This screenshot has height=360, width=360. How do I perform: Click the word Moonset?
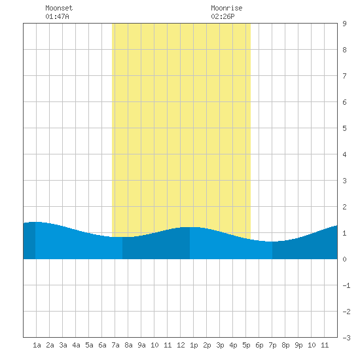pyautogui.click(x=59, y=8)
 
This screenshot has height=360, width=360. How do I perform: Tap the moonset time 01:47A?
pyautogui.click(x=57, y=16)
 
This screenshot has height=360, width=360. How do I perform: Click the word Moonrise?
pyautogui.click(x=226, y=8)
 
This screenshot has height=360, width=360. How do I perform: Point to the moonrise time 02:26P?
pyautogui.click(x=223, y=16)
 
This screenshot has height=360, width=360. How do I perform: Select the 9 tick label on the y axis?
pyautogui.click(x=344, y=24)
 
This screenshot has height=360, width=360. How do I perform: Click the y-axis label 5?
pyautogui.click(x=344, y=128)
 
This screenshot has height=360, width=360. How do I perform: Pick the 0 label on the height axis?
pyautogui.click(x=344, y=259)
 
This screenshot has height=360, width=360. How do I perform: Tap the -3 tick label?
pyautogui.click(x=346, y=338)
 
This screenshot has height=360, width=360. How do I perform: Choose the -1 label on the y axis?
pyautogui.click(x=346, y=285)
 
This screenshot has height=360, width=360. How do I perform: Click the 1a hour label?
pyautogui.click(x=37, y=345)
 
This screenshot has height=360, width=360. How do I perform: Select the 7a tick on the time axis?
pyautogui.click(x=115, y=345)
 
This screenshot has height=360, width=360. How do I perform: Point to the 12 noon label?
pyautogui.click(x=181, y=345)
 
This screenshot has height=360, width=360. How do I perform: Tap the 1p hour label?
pyautogui.click(x=194, y=345)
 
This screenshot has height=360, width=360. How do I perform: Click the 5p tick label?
pyautogui.click(x=246, y=345)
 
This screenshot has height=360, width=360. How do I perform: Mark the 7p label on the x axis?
pyautogui.click(x=272, y=345)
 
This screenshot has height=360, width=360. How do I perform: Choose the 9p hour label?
pyautogui.click(x=298, y=345)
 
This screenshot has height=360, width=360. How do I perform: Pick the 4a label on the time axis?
pyautogui.click(x=76, y=345)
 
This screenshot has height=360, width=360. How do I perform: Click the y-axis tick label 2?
pyautogui.click(x=344, y=207)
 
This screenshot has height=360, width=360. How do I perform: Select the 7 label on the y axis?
pyautogui.click(x=344, y=76)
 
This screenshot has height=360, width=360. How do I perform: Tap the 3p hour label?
pyautogui.click(x=220, y=345)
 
